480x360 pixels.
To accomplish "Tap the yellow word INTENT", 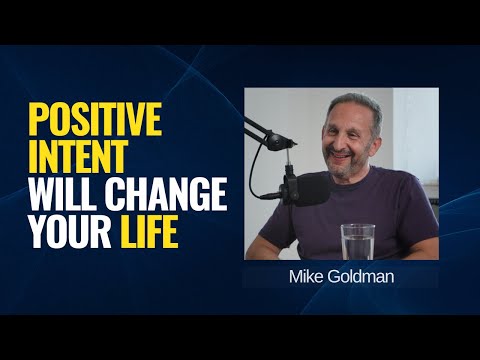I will tap(79, 158).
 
